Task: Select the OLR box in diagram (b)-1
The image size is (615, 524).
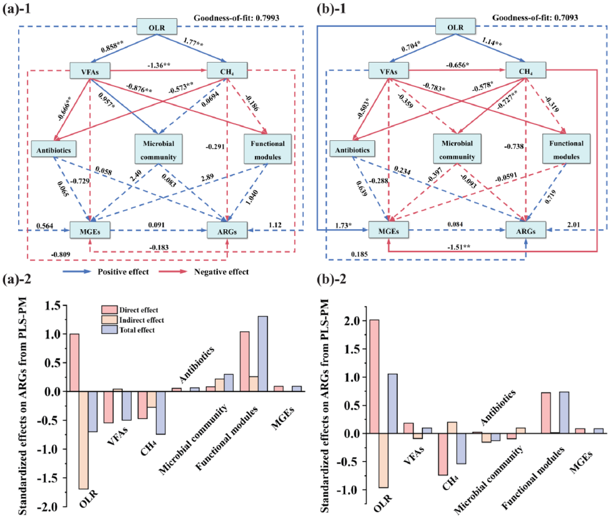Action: point(456,27)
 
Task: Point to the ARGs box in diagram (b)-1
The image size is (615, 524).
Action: point(525,230)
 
